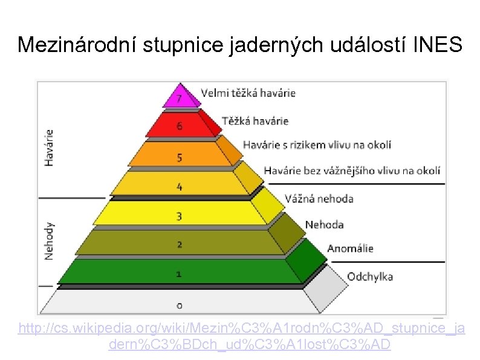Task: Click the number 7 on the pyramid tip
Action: point(180,99)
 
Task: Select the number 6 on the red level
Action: point(180,126)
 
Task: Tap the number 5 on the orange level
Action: point(180,158)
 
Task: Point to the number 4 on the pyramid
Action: point(180,186)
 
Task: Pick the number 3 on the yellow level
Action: point(180,215)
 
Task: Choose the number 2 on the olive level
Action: point(180,244)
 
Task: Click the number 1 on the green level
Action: point(180,274)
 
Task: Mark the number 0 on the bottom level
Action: point(180,304)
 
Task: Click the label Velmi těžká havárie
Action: point(248,93)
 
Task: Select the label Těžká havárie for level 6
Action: point(255,121)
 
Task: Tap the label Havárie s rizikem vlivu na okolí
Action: point(317,145)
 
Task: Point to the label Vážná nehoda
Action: point(319,198)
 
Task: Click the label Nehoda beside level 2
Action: point(324,224)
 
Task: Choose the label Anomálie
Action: point(350,248)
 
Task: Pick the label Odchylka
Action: point(370,277)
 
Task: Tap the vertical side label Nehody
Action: point(49,240)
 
